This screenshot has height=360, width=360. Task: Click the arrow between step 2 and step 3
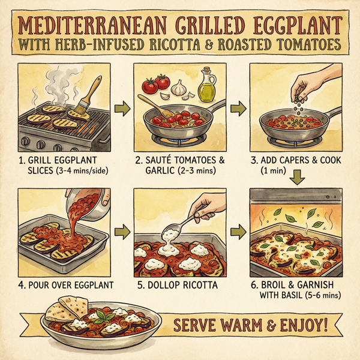coord(238,109)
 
